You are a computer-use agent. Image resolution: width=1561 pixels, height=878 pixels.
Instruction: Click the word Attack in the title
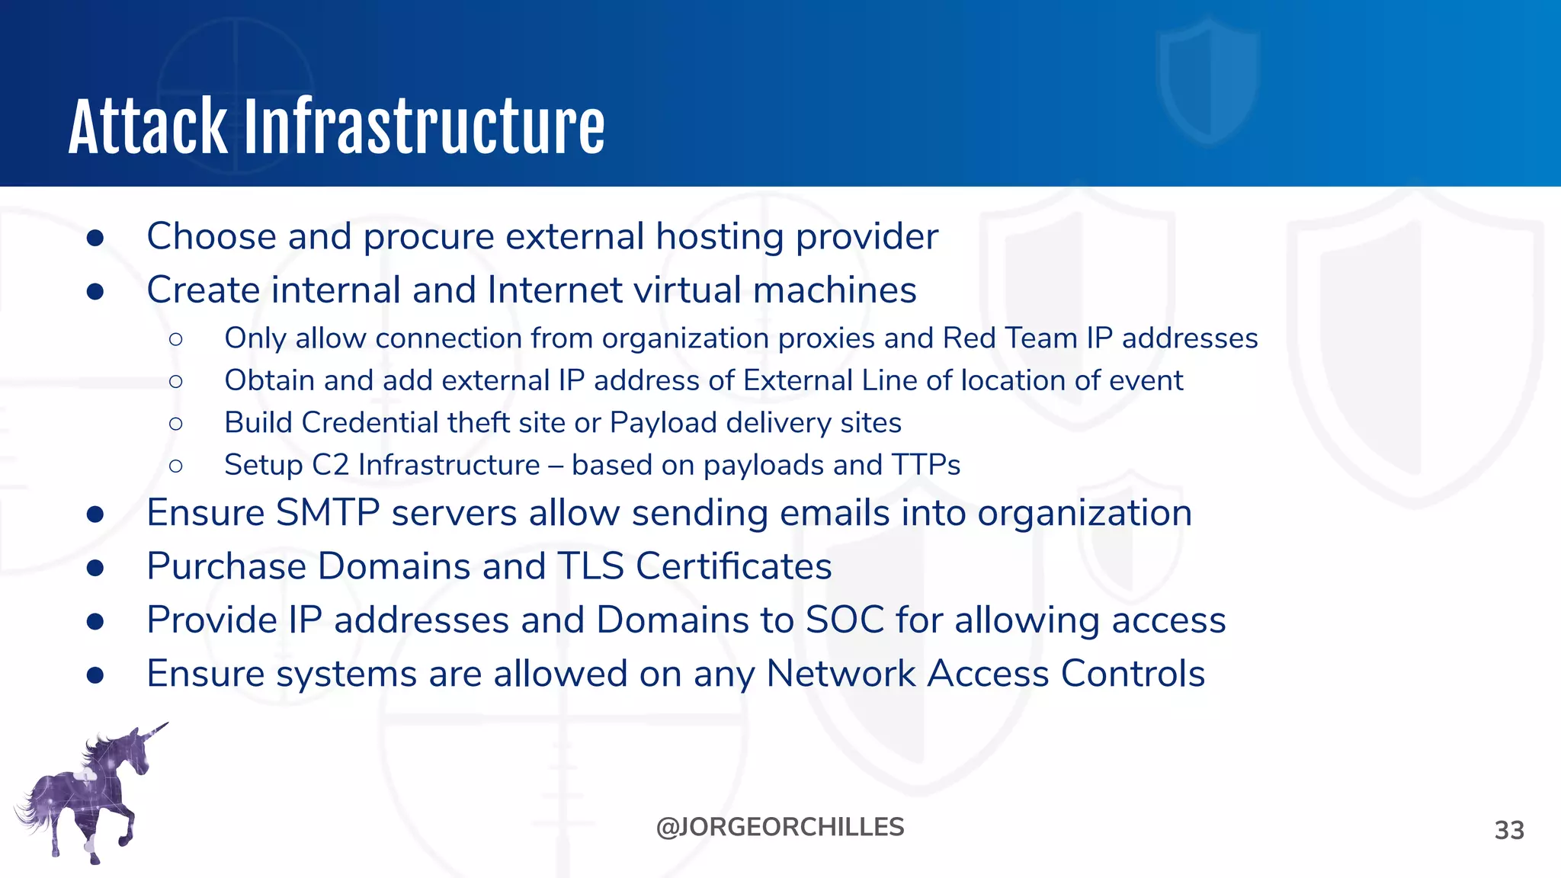click(x=148, y=127)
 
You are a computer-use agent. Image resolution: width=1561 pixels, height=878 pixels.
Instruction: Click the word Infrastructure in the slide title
click(x=424, y=127)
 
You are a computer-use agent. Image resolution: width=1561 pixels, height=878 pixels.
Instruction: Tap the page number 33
click(x=1508, y=830)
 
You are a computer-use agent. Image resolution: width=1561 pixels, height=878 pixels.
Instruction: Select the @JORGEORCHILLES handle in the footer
click(x=780, y=827)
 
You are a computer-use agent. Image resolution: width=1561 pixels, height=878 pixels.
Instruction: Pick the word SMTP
click(x=327, y=513)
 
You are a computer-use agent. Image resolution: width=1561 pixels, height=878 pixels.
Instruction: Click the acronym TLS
click(x=590, y=566)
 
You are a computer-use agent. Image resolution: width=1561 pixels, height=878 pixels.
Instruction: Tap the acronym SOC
click(x=845, y=620)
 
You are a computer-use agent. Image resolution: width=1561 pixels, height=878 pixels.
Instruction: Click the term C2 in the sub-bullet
click(x=330, y=465)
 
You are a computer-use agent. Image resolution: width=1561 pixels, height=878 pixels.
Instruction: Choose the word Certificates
click(x=733, y=566)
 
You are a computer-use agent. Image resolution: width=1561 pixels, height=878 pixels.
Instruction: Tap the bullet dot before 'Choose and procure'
click(x=95, y=238)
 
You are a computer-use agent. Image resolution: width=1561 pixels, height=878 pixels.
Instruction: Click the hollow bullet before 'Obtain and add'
click(x=176, y=381)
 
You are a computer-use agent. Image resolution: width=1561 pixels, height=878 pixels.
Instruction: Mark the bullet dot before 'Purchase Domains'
click(x=95, y=568)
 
